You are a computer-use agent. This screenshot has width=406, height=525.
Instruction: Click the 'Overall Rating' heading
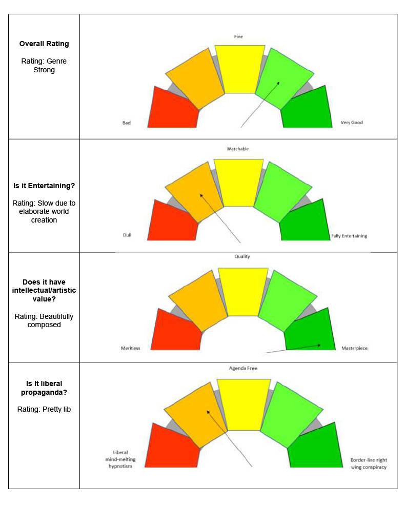click(44, 44)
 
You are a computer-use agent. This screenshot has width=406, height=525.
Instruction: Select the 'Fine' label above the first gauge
click(239, 36)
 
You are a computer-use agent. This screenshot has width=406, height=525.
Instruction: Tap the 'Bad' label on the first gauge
click(127, 123)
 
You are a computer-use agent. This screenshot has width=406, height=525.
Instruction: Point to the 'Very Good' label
click(352, 123)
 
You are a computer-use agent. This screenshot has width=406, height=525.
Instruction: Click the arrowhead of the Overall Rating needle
click(279, 82)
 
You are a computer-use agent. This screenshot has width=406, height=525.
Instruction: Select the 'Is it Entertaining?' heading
click(44, 186)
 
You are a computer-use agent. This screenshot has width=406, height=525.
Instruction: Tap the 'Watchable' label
click(238, 149)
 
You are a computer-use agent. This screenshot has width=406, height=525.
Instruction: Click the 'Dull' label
click(127, 235)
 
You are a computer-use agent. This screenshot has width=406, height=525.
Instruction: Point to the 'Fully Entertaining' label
click(349, 236)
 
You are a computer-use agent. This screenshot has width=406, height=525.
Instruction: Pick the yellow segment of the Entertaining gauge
click(238, 183)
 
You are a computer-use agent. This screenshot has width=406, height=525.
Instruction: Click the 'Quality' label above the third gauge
click(242, 256)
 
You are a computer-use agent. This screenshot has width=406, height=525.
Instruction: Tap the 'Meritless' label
click(130, 348)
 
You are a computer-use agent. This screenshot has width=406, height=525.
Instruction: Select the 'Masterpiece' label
click(354, 348)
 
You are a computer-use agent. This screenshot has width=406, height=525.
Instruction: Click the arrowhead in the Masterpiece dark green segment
click(319, 345)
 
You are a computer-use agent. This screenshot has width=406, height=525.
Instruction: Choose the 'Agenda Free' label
click(243, 368)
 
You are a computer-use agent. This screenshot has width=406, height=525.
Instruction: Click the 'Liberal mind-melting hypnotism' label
click(116, 459)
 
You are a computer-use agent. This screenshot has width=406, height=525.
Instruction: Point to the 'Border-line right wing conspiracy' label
click(369, 463)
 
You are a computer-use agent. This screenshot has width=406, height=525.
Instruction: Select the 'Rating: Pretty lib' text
click(44, 409)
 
